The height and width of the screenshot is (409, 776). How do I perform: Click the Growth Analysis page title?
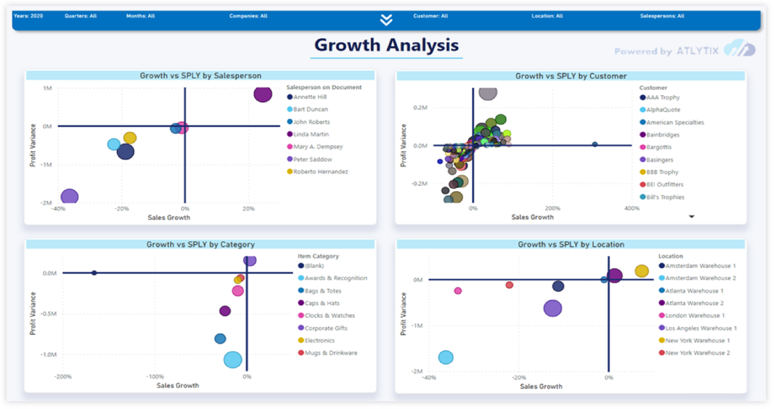click(386, 45)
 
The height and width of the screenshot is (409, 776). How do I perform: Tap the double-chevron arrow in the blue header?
click(386, 19)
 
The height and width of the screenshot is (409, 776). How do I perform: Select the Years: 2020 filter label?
click(29, 16)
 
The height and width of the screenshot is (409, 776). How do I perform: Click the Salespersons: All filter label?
click(662, 16)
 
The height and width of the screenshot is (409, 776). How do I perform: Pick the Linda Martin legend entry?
click(310, 135)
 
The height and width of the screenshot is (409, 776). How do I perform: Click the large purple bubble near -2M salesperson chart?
click(70, 196)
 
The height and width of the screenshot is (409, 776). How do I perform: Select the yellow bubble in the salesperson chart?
click(130, 138)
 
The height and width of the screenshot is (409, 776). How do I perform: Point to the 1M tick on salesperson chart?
click(47, 88)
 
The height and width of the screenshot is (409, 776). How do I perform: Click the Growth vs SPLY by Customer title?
click(570, 76)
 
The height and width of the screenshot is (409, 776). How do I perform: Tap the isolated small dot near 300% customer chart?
click(595, 144)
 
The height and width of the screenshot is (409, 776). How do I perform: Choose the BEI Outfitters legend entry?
click(664, 185)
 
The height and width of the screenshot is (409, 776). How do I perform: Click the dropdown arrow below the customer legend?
click(691, 217)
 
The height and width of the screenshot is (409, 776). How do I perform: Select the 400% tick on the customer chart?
click(632, 208)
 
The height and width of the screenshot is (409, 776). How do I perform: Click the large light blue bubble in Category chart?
click(233, 360)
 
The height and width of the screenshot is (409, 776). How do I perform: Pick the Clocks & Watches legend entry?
click(329, 316)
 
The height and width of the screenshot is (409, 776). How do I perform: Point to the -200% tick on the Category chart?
click(63, 377)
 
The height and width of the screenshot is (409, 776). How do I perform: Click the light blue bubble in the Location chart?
click(446, 357)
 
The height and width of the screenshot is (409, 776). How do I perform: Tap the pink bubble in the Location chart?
click(458, 291)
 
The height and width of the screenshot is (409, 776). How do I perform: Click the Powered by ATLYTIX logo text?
click(667, 51)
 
